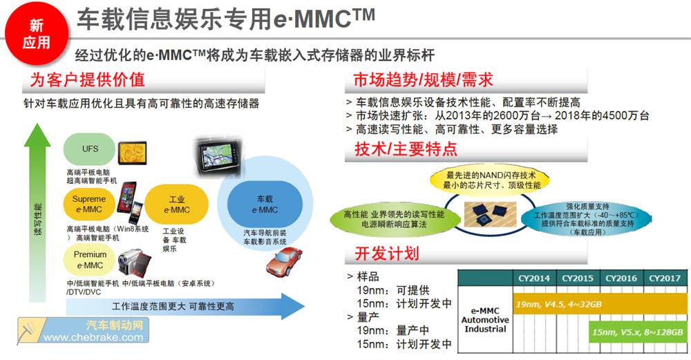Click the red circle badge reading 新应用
tap(36, 34)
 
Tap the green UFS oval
tap(89, 149)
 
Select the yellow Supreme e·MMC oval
tap(89, 205)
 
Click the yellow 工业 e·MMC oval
tap(177, 205)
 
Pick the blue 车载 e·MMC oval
tap(265, 205)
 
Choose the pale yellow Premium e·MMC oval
tap(89, 260)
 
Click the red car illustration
tap(284, 261)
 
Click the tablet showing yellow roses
tap(132, 153)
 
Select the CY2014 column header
tap(534, 278)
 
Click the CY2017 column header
tap(665, 278)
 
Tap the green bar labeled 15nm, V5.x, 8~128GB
tap(638, 332)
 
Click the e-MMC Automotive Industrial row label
tap(485, 319)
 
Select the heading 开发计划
tap(387, 254)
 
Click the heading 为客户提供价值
tap(87, 79)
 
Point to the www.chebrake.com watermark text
tap(93, 337)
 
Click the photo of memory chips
tap(490, 213)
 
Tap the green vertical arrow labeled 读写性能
tap(37, 212)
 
